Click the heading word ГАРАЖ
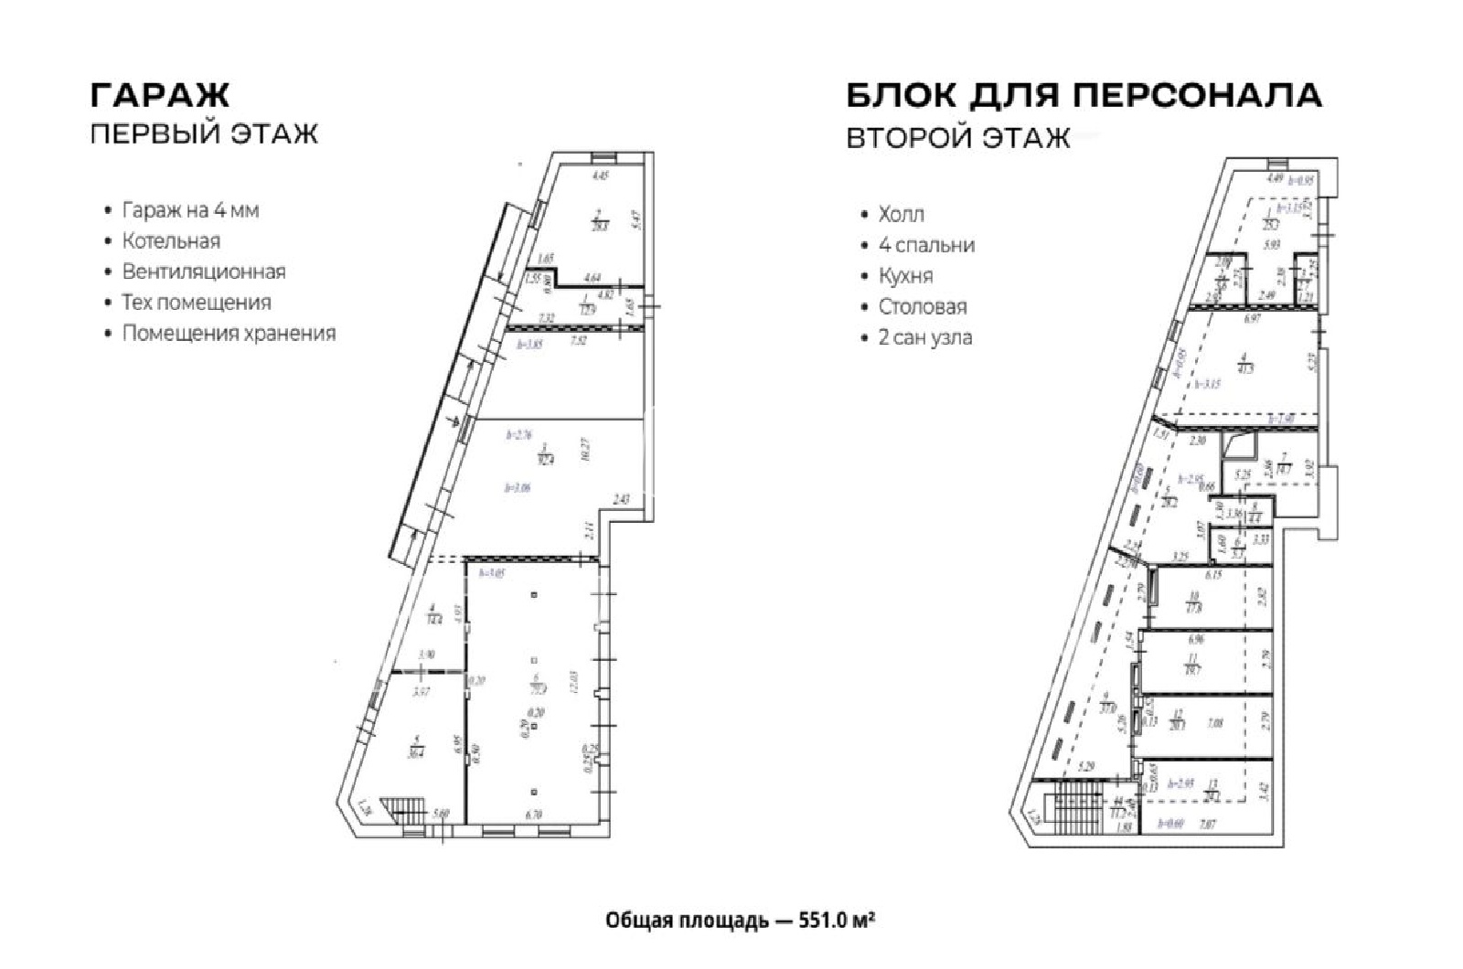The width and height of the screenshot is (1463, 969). [159, 94]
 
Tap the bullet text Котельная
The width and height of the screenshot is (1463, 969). [171, 241]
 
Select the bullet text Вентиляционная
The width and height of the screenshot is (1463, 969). [204, 272]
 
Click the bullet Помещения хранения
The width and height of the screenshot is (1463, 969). [229, 333]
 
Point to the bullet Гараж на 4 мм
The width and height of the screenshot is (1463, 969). [190, 210]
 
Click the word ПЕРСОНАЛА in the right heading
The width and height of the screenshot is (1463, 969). [1196, 95]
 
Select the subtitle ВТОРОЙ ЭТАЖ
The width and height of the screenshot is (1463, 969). [957, 138]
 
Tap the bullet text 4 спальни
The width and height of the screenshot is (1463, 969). [926, 245]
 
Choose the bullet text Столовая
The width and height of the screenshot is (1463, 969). [923, 306]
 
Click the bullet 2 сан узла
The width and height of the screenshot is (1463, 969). [925, 337]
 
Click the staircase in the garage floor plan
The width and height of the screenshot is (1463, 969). [400, 812]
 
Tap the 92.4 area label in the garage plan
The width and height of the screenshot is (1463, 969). [547, 458]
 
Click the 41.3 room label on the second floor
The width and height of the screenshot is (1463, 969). [1244, 368]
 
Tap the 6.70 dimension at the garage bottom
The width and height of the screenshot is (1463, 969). [534, 814]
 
